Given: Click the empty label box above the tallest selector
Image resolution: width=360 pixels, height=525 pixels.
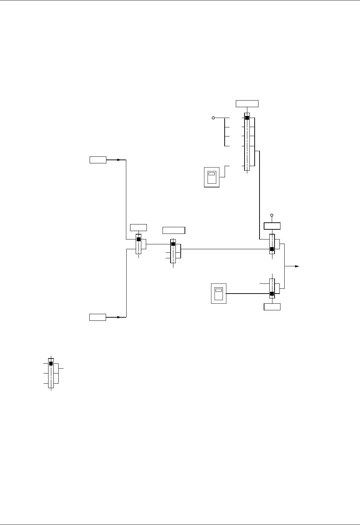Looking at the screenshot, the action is pos(247,103).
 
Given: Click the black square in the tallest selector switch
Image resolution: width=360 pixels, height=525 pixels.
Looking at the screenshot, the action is pos(247,118).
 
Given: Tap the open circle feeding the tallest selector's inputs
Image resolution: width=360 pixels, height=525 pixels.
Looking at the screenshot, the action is pos(213,118).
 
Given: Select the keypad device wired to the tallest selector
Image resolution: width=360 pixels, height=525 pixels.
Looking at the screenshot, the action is pos(212,177).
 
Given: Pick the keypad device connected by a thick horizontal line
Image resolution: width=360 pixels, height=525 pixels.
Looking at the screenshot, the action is pos(219,294).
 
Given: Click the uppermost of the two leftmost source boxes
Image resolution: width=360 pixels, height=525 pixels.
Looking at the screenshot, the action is pos(98,160).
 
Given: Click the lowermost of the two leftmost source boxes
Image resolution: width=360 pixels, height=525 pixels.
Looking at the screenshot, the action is pos(98,317).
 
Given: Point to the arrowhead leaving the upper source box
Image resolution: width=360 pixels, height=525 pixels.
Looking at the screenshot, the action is pos(119,160).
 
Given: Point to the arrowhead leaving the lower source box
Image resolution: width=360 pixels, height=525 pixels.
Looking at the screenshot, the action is pos(119,317).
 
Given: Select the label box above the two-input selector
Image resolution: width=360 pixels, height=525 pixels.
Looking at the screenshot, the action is pos(138,228).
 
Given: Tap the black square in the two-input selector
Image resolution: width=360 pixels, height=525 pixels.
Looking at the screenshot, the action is pos(138,239).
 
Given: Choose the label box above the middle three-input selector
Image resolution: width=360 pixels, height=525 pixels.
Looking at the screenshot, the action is pos(174,230).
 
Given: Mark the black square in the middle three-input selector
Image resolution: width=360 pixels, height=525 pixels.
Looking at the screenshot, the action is pos(173,244).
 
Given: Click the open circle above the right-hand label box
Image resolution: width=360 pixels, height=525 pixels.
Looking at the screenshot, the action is pos(272,215).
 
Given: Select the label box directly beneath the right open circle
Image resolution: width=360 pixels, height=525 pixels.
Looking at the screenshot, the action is pos(272,226).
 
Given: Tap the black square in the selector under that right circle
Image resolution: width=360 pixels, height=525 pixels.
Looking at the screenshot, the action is pos(272,249).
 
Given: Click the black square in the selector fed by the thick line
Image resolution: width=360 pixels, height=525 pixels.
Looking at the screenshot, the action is pos(272,294).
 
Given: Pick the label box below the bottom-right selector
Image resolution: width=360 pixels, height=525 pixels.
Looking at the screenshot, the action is pos(272,306).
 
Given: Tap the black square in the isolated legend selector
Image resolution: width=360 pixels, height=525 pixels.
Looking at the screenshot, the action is pos(51,363).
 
